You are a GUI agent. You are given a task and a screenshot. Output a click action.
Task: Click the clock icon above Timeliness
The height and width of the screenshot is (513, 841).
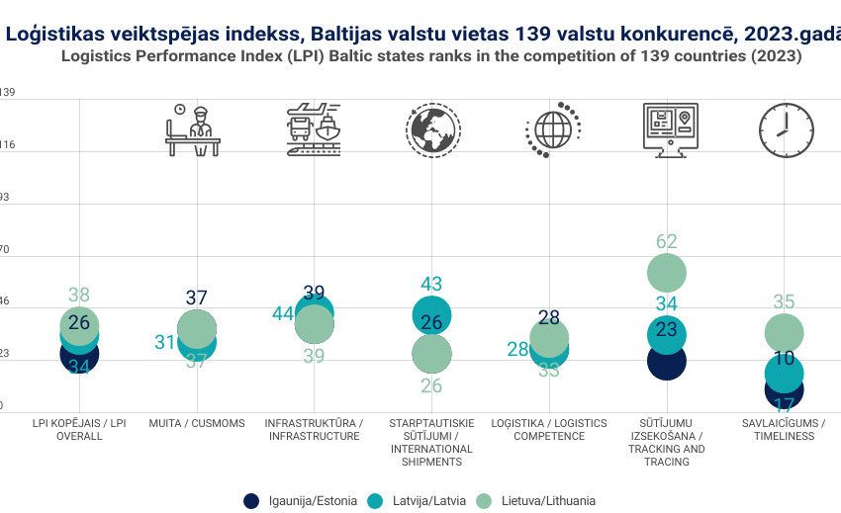pos(786,129)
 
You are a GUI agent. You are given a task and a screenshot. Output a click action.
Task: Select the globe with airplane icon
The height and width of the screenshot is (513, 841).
pos(432,129)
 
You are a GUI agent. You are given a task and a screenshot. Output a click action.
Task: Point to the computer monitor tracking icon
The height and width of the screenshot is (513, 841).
pos(669,128)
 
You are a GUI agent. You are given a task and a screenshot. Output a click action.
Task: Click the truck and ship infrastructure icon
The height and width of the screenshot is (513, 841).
pos(314,129)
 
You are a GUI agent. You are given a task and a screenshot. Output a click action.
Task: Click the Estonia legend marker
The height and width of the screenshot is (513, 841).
pos(251,500)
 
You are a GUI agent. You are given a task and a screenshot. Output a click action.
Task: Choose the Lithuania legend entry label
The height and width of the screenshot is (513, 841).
pos(547,500)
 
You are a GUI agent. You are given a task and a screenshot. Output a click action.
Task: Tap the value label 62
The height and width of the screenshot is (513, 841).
pos(667,241)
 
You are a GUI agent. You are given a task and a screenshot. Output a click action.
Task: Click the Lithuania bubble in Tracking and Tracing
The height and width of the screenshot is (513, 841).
pos(667,274)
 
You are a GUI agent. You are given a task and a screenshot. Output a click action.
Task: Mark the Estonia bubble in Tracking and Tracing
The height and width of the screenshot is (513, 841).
pos(666,361)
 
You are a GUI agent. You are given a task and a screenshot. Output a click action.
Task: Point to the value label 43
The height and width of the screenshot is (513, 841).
pos(431,284)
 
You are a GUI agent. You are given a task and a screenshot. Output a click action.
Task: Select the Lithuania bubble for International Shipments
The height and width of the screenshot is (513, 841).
pos(431,353)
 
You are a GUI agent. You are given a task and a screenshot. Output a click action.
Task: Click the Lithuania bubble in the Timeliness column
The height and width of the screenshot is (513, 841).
pos(784,333)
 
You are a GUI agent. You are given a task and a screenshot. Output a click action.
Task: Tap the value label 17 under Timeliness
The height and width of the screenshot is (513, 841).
pos(784,404)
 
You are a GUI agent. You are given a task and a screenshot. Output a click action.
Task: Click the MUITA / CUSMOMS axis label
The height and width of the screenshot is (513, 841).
pos(195,423)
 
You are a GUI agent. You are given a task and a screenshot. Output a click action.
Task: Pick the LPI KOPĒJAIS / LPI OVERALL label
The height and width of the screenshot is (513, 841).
pos(78,429)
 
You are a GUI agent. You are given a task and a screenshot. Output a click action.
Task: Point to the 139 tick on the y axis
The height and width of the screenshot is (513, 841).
pos(7,92)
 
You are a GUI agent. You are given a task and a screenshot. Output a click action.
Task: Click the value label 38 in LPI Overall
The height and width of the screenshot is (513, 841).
pos(79,295)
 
